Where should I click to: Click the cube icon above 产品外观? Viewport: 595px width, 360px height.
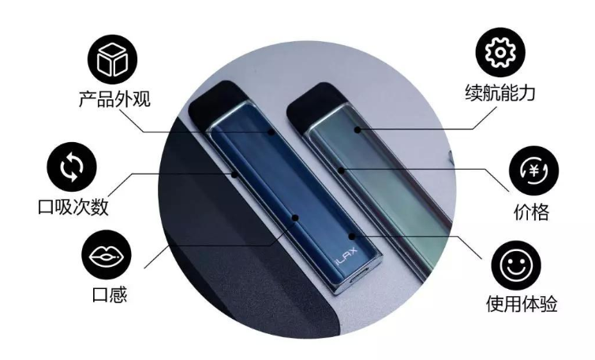(112, 60)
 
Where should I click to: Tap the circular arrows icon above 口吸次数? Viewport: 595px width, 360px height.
(72, 167)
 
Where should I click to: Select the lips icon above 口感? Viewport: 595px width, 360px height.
(107, 256)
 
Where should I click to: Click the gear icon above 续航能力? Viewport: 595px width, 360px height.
(500, 52)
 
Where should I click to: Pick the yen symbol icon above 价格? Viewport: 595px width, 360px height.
(533, 171)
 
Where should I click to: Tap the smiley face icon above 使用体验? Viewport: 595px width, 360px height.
(516, 265)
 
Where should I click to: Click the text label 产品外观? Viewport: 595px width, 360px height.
(114, 99)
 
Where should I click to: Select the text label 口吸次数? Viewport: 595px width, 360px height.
(73, 207)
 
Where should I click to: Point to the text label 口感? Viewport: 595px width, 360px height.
(110, 294)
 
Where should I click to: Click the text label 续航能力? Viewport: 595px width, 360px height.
(500, 92)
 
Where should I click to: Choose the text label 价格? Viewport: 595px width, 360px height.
(531, 212)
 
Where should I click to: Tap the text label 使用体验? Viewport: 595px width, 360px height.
(522, 303)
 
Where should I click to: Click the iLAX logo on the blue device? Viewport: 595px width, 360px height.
(346, 257)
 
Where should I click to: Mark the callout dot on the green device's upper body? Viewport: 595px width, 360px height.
(357, 130)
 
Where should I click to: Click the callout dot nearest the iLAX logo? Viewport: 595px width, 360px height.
(352, 237)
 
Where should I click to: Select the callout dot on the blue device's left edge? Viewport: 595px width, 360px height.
(235, 174)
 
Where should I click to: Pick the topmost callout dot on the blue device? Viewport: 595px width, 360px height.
(271, 132)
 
